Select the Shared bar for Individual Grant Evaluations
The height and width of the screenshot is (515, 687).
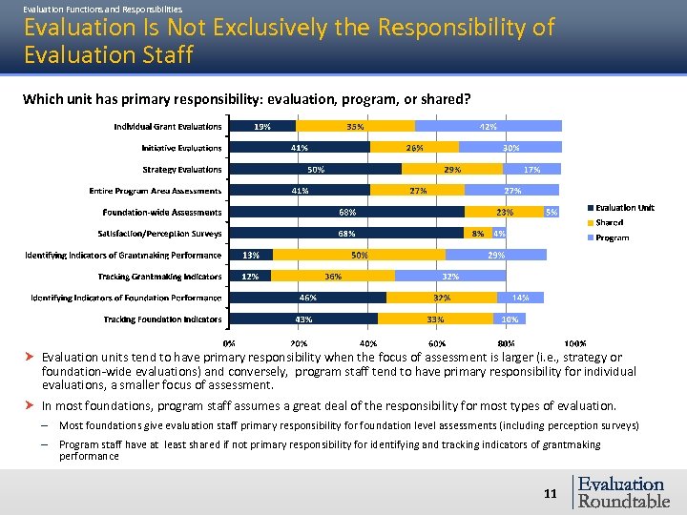pos(355,126)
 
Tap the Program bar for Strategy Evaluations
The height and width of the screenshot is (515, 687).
pos(532,169)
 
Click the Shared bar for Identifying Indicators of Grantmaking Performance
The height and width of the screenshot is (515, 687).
pos(359,255)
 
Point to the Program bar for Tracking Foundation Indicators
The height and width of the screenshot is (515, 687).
pos(510,319)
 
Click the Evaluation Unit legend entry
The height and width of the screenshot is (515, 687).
pos(624,208)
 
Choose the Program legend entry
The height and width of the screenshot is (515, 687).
pos(612,237)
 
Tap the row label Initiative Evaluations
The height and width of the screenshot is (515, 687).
pos(181,148)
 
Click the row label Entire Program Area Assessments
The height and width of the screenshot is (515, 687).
pos(156,190)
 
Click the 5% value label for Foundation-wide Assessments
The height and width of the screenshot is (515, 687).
pos(552,212)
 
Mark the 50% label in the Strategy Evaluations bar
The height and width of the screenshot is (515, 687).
pos(316,170)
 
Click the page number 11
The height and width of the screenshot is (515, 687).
pos(550,493)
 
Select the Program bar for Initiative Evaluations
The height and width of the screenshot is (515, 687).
pos(510,148)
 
